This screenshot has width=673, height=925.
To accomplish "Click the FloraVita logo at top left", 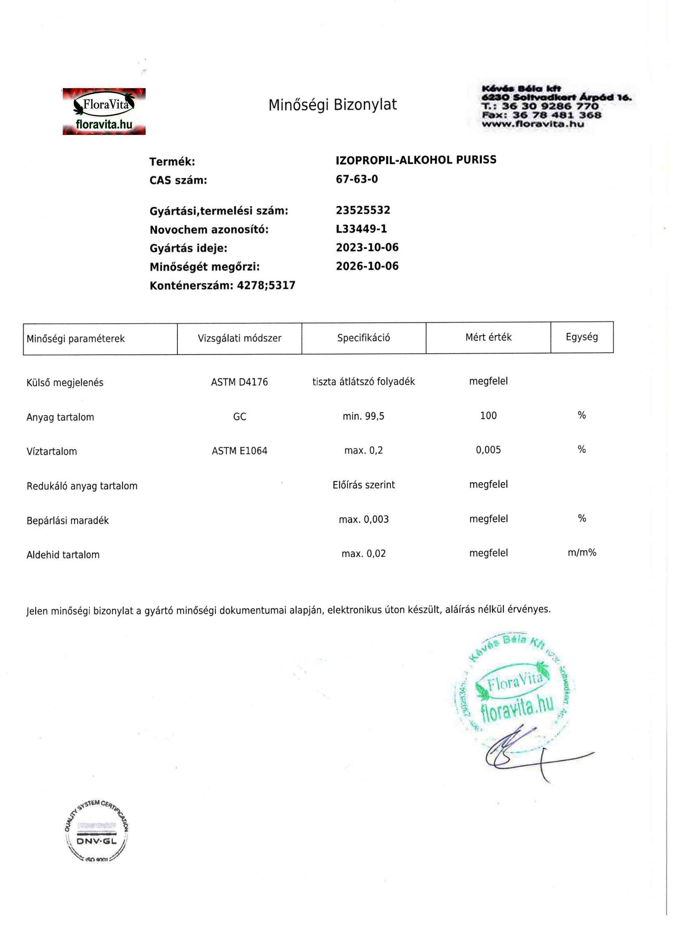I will [x=104, y=111].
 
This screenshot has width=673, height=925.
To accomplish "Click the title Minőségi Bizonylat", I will [x=332, y=105].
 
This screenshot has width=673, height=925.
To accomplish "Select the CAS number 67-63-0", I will [x=357, y=179].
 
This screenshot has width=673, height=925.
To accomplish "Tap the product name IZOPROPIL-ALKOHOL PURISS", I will [x=416, y=160].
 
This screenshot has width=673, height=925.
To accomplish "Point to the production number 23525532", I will [x=363, y=210].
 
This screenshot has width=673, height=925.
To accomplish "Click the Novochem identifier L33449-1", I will [x=361, y=229].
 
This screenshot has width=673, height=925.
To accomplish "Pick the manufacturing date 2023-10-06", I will [x=367, y=247].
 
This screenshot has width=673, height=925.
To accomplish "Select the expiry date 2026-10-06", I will [x=367, y=266].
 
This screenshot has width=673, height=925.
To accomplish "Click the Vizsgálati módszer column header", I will [x=240, y=338].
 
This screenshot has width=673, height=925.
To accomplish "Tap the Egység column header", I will [x=582, y=337].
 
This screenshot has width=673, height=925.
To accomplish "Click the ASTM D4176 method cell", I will [x=240, y=382].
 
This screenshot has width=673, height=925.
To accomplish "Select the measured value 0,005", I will [x=488, y=450].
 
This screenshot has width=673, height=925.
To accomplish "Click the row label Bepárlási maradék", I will [x=68, y=520].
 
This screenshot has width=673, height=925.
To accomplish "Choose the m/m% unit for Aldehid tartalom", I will [x=582, y=553].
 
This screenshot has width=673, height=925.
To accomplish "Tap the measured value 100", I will [x=488, y=415].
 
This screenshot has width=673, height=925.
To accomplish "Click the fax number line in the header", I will [x=541, y=115].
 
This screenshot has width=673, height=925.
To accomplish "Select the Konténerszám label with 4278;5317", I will [x=222, y=285].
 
